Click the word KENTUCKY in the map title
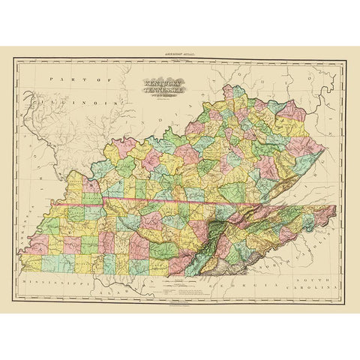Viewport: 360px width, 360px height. tap(155, 84)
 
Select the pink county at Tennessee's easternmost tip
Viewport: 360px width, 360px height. tap(324, 215)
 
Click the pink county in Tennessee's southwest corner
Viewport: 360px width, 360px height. tap(31, 262)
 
